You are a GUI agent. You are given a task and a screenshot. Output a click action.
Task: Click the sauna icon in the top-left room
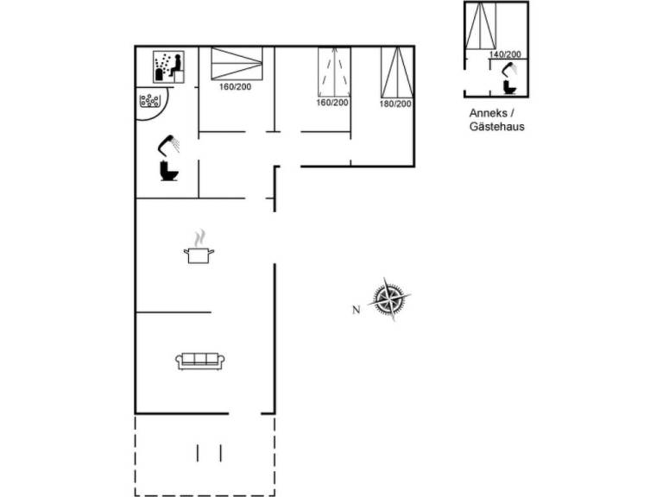(168, 65)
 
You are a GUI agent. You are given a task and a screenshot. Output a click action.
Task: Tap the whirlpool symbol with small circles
(152, 101)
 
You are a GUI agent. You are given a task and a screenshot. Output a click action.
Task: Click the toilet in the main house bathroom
(168, 172)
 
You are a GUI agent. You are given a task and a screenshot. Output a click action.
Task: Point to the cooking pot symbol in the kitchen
(199, 255)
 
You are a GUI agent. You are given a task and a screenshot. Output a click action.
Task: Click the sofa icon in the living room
(199, 361)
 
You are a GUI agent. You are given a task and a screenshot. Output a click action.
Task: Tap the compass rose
(389, 300)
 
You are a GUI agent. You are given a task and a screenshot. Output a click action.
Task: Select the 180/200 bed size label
(395, 104)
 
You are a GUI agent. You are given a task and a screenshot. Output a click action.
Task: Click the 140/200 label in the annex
(505, 54)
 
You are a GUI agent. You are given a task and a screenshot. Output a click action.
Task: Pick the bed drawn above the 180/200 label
(395, 72)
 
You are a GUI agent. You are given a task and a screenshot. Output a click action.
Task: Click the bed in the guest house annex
(481, 27)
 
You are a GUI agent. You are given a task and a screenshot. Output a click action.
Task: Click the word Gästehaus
(497, 126)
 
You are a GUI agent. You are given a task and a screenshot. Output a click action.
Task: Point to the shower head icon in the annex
(508, 72)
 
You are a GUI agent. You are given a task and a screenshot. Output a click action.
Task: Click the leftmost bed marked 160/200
(237, 64)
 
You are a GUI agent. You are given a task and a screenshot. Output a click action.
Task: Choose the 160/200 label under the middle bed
(332, 103)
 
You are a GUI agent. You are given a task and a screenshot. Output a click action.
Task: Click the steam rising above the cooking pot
(200, 237)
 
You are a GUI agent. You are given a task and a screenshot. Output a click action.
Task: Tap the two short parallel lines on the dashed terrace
(209, 452)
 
